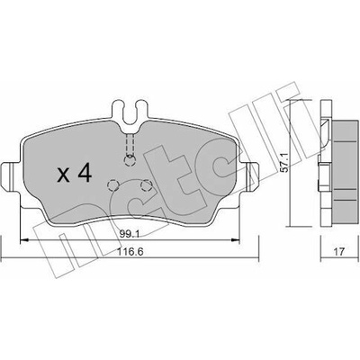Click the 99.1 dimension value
(129, 235)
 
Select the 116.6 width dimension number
(130, 251)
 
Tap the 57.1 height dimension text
(285, 162)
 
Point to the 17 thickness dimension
(338, 251)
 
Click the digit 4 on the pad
(84, 174)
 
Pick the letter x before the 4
(63, 175)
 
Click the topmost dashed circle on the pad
(130, 161)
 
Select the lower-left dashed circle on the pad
(113, 185)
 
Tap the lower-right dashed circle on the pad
(146, 185)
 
